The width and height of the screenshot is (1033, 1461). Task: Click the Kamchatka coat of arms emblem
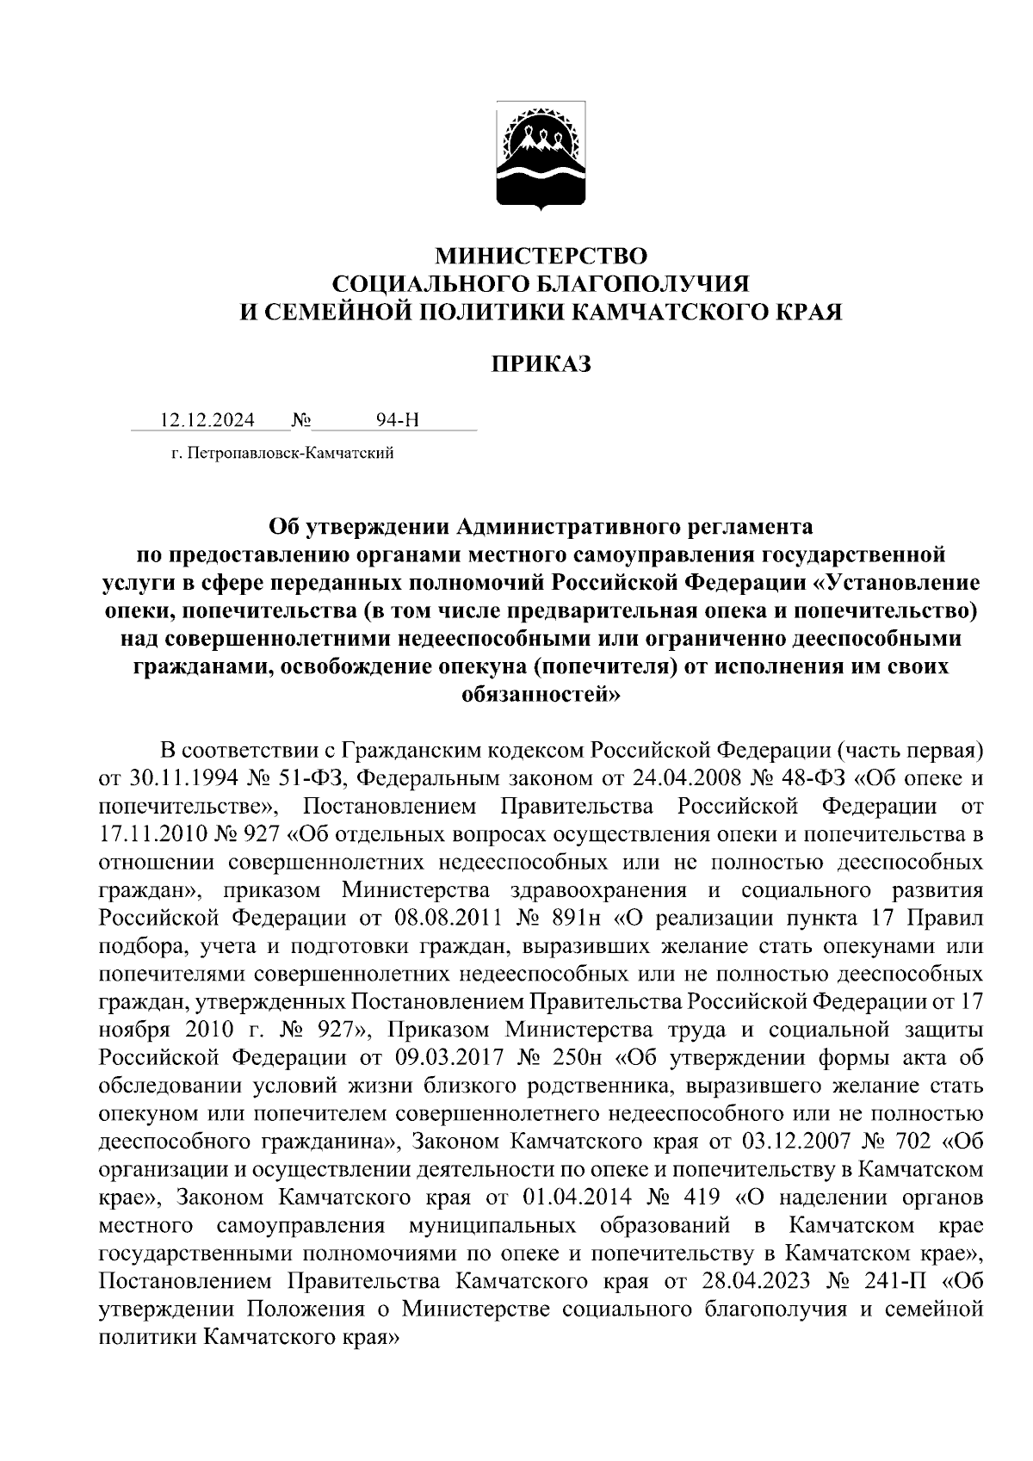pyautogui.click(x=541, y=157)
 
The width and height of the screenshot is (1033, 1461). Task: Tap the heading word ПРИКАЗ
pyautogui.click(x=541, y=365)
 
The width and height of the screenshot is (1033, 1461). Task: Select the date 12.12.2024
pyautogui.click(x=207, y=420)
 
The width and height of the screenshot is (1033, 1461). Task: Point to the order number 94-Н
pyautogui.click(x=398, y=420)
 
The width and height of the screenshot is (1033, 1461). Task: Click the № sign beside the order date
pyautogui.click(x=301, y=420)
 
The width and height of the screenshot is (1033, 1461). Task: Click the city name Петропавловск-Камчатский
pyautogui.click(x=289, y=453)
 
